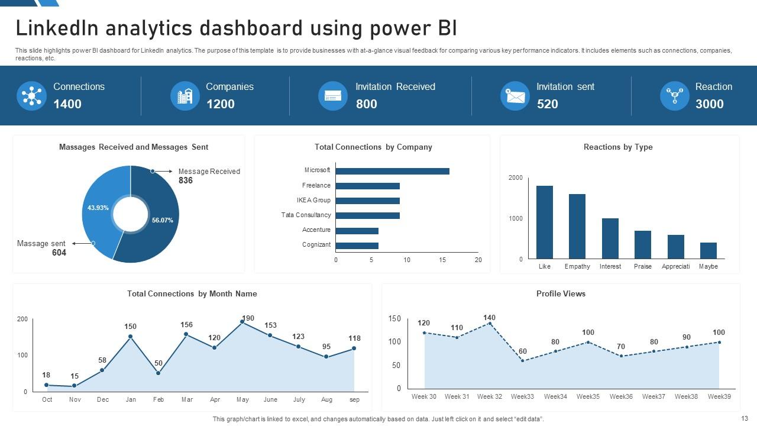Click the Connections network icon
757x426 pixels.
(x=31, y=95)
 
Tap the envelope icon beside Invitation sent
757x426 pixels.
(x=515, y=96)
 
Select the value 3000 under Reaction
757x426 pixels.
(x=709, y=104)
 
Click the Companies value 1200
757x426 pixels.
(x=221, y=104)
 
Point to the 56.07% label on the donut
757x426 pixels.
(x=162, y=220)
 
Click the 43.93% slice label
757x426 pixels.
(x=98, y=208)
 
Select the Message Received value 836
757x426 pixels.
(x=186, y=180)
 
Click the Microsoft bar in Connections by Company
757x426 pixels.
(x=392, y=171)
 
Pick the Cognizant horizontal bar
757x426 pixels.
(x=357, y=246)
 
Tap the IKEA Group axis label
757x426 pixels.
(x=313, y=200)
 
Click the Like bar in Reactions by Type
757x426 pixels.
(x=545, y=222)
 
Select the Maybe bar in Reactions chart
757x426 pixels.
(x=708, y=251)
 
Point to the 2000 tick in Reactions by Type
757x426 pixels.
(x=516, y=177)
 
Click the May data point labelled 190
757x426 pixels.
(x=242, y=322)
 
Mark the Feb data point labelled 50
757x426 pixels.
(x=158, y=373)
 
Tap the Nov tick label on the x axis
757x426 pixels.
(x=75, y=399)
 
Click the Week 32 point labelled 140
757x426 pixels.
(x=490, y=324)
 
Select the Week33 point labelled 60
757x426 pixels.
(x=523, y=360)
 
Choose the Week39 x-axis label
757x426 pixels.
(x=719, y=396)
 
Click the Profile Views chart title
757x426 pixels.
(x=561, y=293)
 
